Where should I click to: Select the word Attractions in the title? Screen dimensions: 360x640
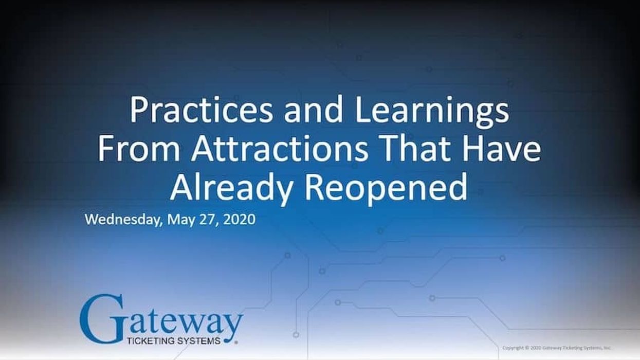click(x=280, y=149)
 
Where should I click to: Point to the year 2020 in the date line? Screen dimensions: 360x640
click(x=240, y=219)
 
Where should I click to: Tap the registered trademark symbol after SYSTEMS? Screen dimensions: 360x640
click(x=236, y=341)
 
